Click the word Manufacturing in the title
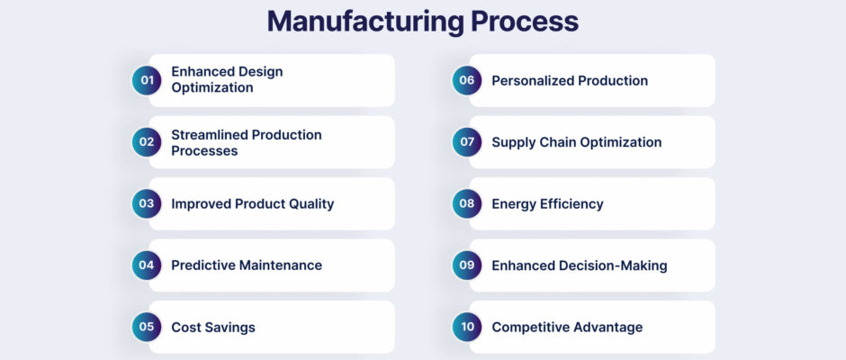365,22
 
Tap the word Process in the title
525,22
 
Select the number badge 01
147,80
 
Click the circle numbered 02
147,142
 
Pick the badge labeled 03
147,203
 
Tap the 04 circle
147,265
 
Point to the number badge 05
147,327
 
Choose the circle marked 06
467,80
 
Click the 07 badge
467,142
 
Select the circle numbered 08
467,203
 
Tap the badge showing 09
467,265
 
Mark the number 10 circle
467,327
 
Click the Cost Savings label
213,328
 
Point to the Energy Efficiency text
547,204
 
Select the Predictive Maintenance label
247,265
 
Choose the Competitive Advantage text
567,328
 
